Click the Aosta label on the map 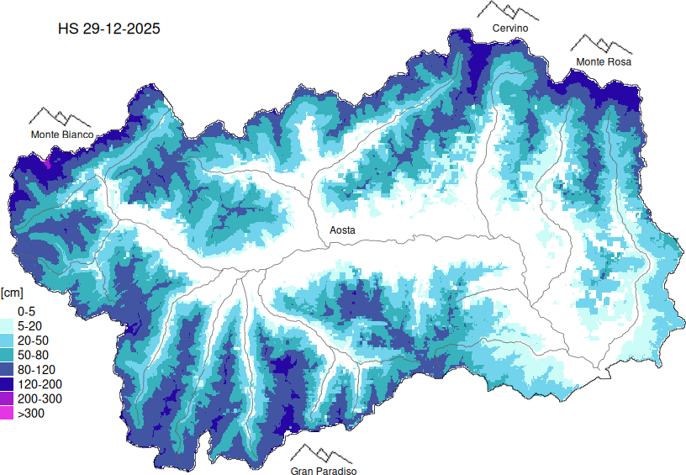(x=341, y=230)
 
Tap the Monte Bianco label (x=62, y=135)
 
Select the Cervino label (x=510, y=29)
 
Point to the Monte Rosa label (x=603, y=62)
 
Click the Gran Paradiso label (x=324, y=472)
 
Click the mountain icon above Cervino (x=508, y=11)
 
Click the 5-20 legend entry (x=29, y=325)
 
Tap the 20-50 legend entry (x=32, y=340)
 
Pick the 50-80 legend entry (x=32, y=355)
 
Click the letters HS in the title (x=67, y=29)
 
